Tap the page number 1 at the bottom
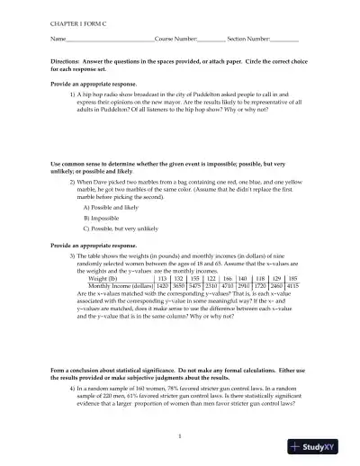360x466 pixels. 180,436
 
